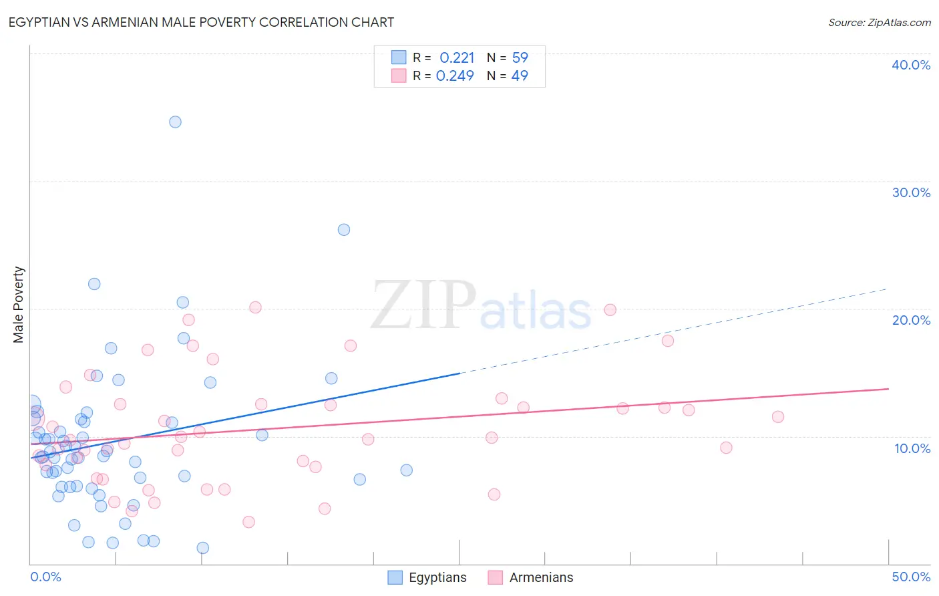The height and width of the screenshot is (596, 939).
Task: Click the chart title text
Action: click(201, 22)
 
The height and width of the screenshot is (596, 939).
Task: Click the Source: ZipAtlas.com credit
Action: click(879, 22)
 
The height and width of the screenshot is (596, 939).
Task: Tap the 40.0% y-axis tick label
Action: click(910, 65)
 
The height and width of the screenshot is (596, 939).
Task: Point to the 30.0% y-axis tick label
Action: click(910, 192)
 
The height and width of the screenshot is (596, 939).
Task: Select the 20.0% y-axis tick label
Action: click(910, 320)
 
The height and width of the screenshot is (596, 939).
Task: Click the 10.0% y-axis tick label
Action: click(912, 448)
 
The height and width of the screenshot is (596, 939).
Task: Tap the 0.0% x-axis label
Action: click(45, 577)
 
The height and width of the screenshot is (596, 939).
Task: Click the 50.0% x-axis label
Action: click(910, 577)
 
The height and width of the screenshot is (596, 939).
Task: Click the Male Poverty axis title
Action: click(19, 305)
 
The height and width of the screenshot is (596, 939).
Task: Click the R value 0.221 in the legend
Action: click(457, 58)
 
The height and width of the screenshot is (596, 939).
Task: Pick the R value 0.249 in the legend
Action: click(455, 76)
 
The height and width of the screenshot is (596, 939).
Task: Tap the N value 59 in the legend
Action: click(520, 58)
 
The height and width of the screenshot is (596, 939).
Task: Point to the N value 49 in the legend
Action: click(520, 76)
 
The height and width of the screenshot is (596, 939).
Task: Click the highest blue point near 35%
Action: click(175, 122)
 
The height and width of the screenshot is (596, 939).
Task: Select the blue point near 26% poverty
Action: click(344, 229)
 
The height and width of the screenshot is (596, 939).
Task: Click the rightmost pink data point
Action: click(777, 416)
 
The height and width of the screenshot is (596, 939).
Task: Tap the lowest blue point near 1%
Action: click(203, 548)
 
